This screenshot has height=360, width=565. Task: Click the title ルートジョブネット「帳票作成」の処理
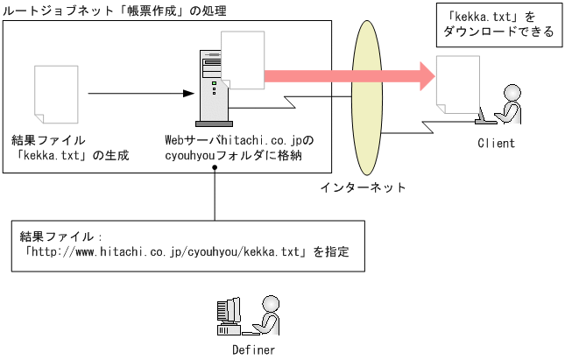pos(115,11)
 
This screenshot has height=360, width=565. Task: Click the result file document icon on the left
pos(53,94)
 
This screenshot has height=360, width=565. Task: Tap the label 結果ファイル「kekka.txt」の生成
pos(70,148)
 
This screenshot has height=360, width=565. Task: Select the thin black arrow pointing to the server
pos(140,92)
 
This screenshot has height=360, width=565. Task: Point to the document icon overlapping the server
pos(244,60)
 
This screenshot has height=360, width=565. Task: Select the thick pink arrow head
pos(425,74)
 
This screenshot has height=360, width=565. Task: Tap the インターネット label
pos(362,187)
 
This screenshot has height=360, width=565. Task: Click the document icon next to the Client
pos(458,88)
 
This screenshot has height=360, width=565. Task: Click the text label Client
pos(496,143)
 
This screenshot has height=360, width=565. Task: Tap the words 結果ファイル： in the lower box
pos(61,236)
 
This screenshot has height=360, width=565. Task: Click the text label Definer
pos(253,349)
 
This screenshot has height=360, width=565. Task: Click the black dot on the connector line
pos(215,171)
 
